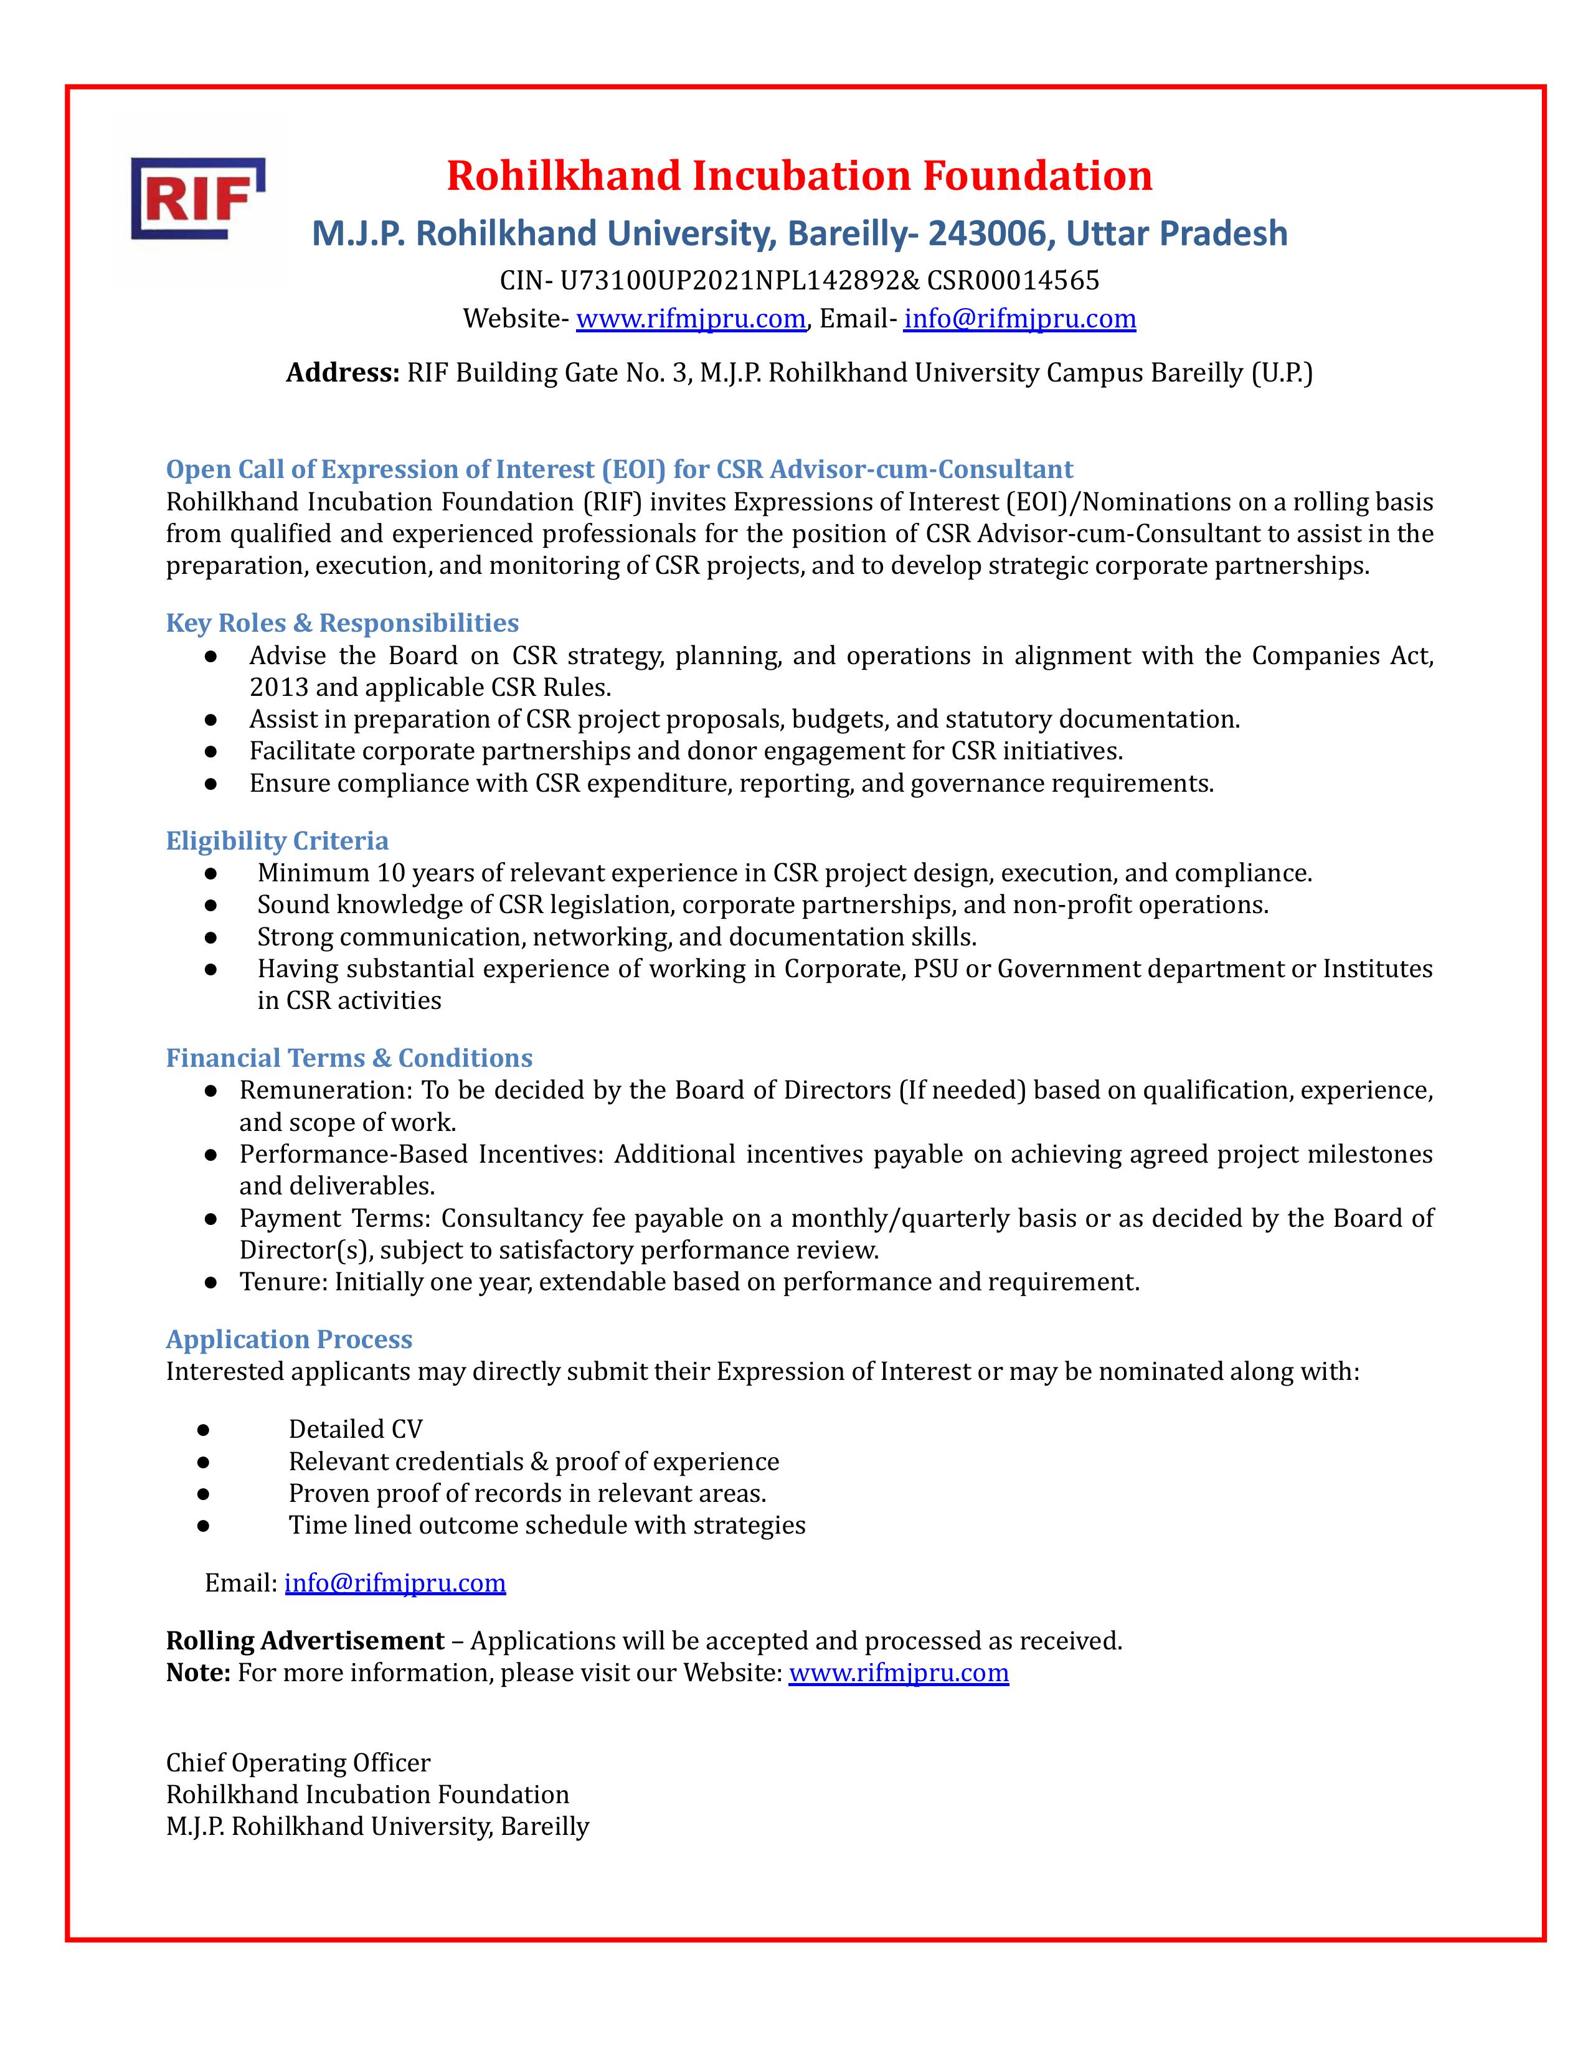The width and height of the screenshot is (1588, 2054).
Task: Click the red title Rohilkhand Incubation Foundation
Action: click(x=799, y=176)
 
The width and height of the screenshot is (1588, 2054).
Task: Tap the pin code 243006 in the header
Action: click(x=987, y=233)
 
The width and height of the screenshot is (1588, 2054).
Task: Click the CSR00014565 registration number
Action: click(x=1013, y=280)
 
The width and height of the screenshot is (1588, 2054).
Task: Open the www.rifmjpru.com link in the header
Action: click(x=691, y=319)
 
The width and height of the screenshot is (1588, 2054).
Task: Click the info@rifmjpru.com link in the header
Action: click(x=1020, y=319)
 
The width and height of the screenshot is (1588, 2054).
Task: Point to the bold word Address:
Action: click(x=343, y=373)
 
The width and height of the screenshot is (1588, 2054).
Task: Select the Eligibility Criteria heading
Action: click(x=278, y=841)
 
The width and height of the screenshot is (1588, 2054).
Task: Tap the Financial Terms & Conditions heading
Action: click(x=349, y=1058)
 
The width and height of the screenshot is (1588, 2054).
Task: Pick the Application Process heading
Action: click(x=290, y=1339)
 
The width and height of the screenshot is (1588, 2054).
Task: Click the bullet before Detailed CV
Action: click(x=203, y=1430)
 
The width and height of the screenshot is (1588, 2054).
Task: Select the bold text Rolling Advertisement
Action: click(x=305, y=1641)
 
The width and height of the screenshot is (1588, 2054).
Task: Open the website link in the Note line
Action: click(x=899, y=1673)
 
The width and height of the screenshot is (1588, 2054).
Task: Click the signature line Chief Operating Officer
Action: click(x=298, y=1763)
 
